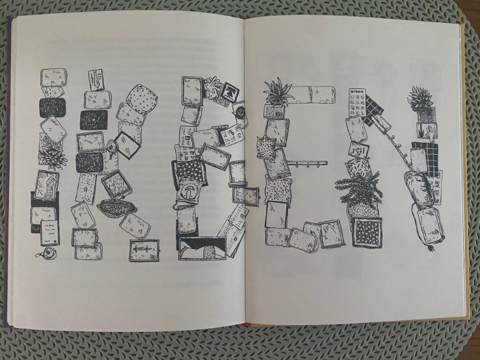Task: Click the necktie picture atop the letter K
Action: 96,80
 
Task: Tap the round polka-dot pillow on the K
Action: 142,99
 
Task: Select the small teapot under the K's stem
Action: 48,253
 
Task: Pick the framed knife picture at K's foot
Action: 144,250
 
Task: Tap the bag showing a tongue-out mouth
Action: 187,193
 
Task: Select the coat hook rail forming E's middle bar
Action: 308,164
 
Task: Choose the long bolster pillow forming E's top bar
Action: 312,94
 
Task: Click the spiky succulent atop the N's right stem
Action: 421,98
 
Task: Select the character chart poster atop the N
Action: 357,103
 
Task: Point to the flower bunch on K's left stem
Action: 52,155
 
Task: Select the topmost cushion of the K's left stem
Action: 53,77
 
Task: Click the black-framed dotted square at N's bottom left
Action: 367,232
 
